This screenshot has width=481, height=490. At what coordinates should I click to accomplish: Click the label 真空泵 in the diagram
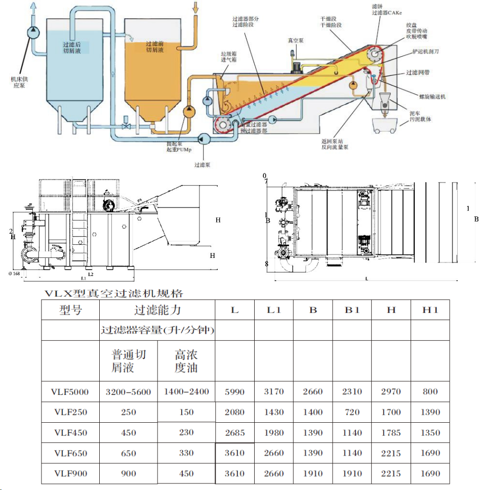click(x=295, y=40)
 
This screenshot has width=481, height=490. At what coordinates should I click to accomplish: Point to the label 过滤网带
click(x=418, y=73)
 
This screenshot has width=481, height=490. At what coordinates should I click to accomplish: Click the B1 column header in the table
click(x=352, y=309)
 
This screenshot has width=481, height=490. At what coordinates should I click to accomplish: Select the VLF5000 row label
click(x=70, y=391)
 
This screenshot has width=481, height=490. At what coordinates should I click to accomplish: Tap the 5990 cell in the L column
click(x=234, y=391)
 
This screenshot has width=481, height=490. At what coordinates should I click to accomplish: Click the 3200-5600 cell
click(x=129, y=391)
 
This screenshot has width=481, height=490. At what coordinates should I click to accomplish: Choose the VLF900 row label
click(x=70, y=473)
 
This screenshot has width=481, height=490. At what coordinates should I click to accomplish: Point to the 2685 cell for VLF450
click(x=234, y=432)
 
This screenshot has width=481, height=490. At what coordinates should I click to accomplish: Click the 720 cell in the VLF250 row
click(x=352, y=412)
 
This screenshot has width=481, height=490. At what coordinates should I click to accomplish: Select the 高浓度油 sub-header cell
click(x=186, y=361)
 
